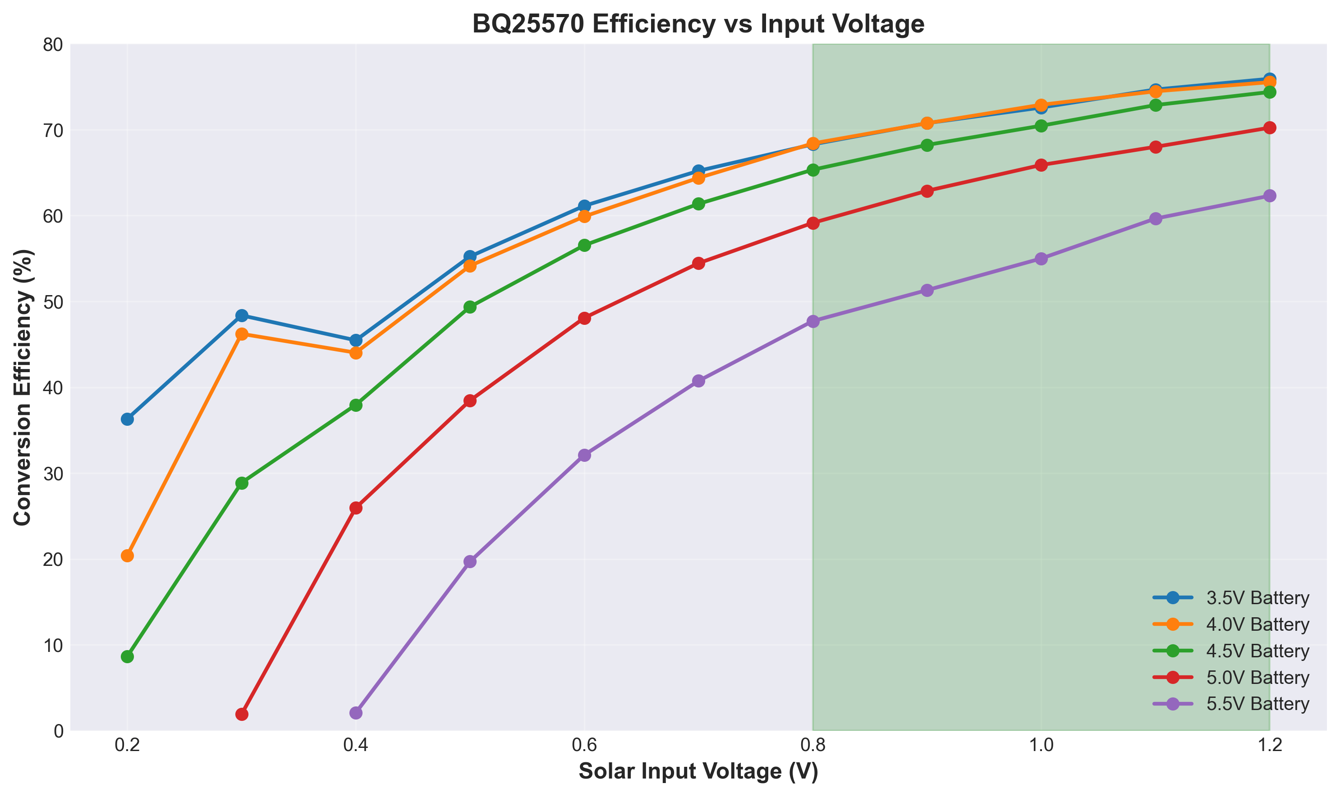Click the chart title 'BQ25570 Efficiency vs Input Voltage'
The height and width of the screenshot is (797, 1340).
[x=698, y=24]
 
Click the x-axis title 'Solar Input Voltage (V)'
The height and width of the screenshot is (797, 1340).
[x=698, y=771]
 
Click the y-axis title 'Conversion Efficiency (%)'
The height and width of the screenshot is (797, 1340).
[x=23, y=387]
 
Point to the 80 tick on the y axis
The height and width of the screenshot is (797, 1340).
[x=53, y=45]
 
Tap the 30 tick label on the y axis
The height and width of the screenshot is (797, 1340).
[x=53, y=474]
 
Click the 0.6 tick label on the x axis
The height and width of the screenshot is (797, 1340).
[x=584, y=747]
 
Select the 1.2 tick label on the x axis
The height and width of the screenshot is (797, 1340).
[x=1269, y=747]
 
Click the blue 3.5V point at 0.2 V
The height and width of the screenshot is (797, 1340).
[x=127, y=419]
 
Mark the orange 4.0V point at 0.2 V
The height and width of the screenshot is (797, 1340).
[x=127, y=556]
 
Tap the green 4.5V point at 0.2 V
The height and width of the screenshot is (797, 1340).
[x=127, y=656]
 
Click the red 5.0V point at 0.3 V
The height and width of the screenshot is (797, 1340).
[x=242, y=714]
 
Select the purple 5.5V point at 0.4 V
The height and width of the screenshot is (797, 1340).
[x=356, y=713]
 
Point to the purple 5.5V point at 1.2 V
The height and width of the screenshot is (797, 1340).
[x=1269, y=196]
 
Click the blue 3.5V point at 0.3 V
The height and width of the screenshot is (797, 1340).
[x=242, y=315]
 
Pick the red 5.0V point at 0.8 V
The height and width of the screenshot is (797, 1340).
[x=813, y=223]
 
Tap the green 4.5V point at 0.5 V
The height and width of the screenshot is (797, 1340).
[x=470, y=307]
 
